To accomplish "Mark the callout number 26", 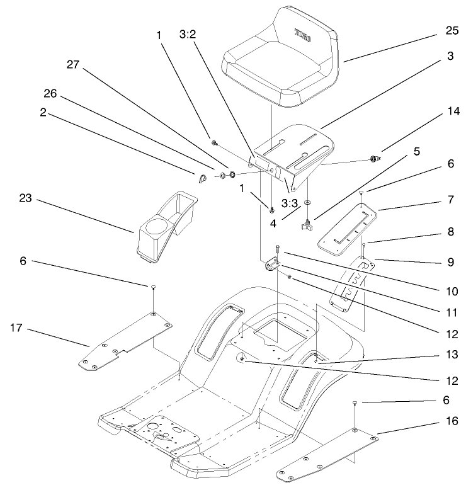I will [50, 94].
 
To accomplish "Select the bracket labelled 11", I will [273, 265].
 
